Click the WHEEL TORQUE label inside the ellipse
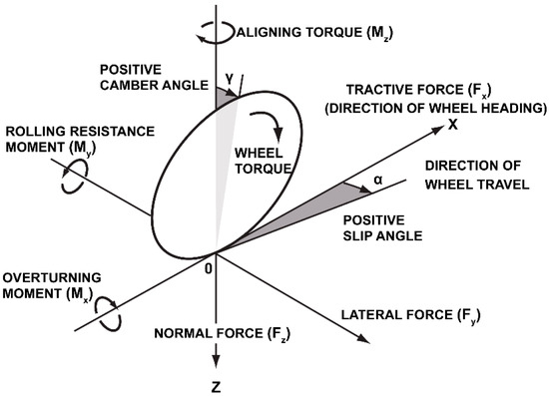tap(263, 161)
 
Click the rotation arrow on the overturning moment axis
tap(107, 317)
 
